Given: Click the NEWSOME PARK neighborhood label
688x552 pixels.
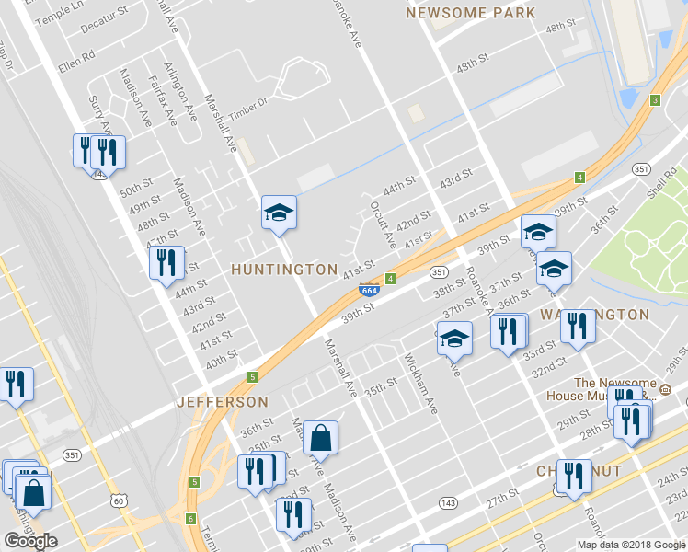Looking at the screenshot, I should (470, 13).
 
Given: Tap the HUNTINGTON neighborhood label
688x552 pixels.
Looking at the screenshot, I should (284, 270).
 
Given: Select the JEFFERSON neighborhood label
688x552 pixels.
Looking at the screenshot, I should (223, 402).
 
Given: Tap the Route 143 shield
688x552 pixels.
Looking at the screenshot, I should (448, 502).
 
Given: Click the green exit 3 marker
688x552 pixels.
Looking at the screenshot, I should (655, 100).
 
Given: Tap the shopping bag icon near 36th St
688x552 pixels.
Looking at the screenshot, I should (320, 438).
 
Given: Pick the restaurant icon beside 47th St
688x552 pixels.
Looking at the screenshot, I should (166, 263).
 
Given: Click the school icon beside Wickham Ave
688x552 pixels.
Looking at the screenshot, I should (453, 339).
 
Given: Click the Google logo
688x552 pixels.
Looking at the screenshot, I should (30, 541).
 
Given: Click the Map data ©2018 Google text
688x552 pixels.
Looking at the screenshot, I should (631, 544).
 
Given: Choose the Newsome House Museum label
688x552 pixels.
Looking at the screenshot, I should (615, 389).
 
